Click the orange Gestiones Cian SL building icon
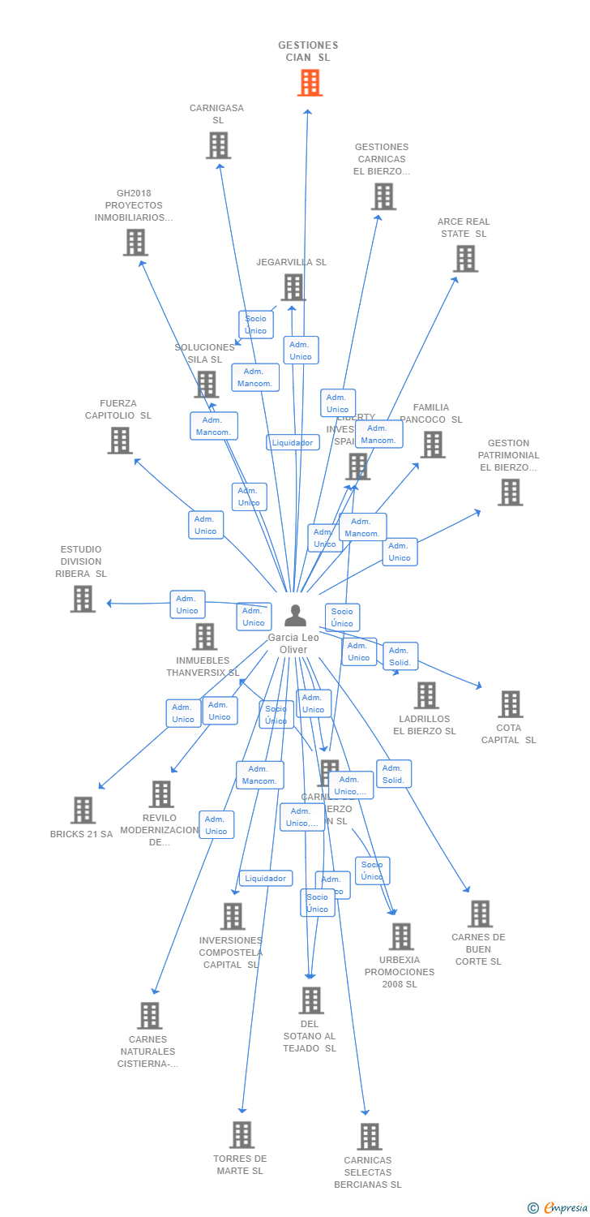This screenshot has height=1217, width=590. pos(310,83)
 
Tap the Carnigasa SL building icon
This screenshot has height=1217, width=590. pos(218,145)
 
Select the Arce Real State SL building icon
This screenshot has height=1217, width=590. pos(465,259)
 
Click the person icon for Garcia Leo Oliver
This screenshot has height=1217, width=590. pos(295,616)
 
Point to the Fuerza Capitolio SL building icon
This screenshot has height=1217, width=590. pos(120,441)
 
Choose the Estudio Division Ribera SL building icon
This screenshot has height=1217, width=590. pos(83,599)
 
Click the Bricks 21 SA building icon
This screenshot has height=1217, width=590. pos(83,810)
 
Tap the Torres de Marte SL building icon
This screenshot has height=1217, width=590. pos(242,1134)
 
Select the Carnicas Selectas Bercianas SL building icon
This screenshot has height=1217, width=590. pos(370,1137)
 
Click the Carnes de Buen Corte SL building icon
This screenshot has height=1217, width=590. pos(480,914)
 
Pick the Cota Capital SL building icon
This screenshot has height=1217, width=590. pos(510,704)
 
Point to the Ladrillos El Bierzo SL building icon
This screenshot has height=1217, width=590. pos(426,695)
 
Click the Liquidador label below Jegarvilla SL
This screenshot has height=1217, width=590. pos(293,442)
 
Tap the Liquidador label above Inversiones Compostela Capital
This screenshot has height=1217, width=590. pos(266,878)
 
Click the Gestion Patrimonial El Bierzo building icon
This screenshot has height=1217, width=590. pos(510,492)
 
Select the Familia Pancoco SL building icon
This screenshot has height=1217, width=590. pos(432,445)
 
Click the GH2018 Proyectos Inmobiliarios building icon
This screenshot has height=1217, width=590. pos(135,242)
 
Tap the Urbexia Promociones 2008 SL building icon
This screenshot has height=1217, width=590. pos(400,936)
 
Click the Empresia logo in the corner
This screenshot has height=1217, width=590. pos(558,1208)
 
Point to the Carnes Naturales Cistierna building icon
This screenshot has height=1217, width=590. pos(149,1015)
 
